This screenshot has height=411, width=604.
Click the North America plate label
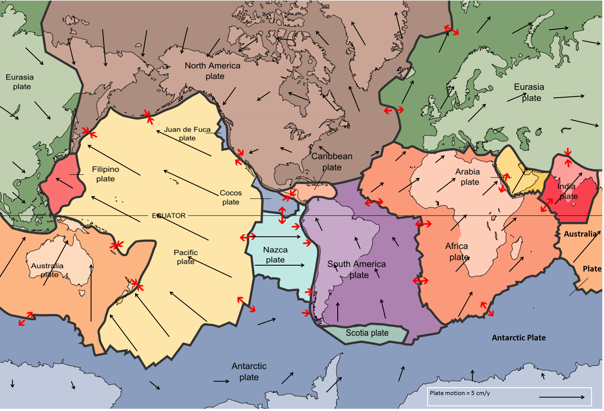click(213, 71)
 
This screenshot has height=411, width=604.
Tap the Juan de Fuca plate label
click(187, 133)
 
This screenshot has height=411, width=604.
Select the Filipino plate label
click(105, 174)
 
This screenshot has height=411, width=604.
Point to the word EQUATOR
click(169, 215)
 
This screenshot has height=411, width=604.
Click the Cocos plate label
click(231, 197)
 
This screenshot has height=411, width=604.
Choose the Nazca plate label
click(275, 254)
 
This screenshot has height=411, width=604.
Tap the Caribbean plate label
click(332, 162)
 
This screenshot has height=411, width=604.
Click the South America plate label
click(357, 269)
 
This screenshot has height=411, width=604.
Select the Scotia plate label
click(367, 333)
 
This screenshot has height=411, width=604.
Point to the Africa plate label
click(457, 251)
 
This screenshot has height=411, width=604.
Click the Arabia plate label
click(468, 177)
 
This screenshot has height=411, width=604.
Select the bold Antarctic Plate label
click(519, 338)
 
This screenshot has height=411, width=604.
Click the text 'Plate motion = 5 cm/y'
click(459, 393)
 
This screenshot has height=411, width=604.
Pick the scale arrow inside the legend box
click(561, 397)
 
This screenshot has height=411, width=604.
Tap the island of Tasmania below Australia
click(82, 293)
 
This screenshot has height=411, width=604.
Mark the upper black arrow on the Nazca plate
click(276, 237)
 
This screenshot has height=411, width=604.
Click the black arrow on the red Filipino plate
click(64, 183)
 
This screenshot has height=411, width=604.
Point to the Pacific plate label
click(186, 257)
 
